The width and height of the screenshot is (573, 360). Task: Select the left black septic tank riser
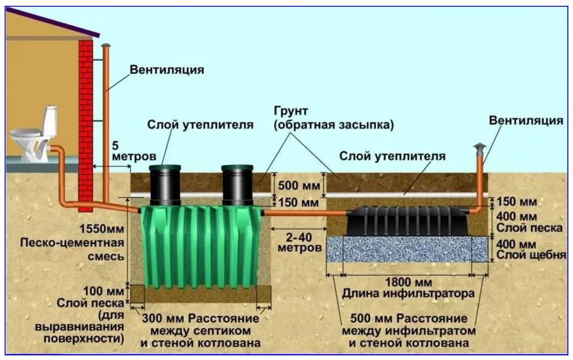tap(165, 185)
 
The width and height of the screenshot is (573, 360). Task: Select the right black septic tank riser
tap(237, 185)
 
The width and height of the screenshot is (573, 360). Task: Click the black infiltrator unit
tap(409, 221)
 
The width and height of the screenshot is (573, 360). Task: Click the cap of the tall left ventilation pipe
tap(105, 45)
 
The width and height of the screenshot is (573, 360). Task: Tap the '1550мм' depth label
tap(102, 229)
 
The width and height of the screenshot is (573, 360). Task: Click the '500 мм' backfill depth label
tap(299, 185)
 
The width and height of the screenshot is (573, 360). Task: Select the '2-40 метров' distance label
tap(299, 243)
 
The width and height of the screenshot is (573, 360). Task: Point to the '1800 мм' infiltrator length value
tap(409, 282)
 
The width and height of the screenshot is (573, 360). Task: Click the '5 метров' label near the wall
tap(134, 151)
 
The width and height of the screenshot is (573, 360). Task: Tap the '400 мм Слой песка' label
tap(529, 222)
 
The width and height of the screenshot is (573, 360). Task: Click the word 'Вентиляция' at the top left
tap(167, 69)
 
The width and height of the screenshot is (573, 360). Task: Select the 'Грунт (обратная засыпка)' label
tap(333, 117)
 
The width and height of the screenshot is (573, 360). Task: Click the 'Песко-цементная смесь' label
tap(72, 249)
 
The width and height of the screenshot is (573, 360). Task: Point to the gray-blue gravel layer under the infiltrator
tap(407, 249)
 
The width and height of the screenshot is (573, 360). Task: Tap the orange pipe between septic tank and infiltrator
tap(305, 213)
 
